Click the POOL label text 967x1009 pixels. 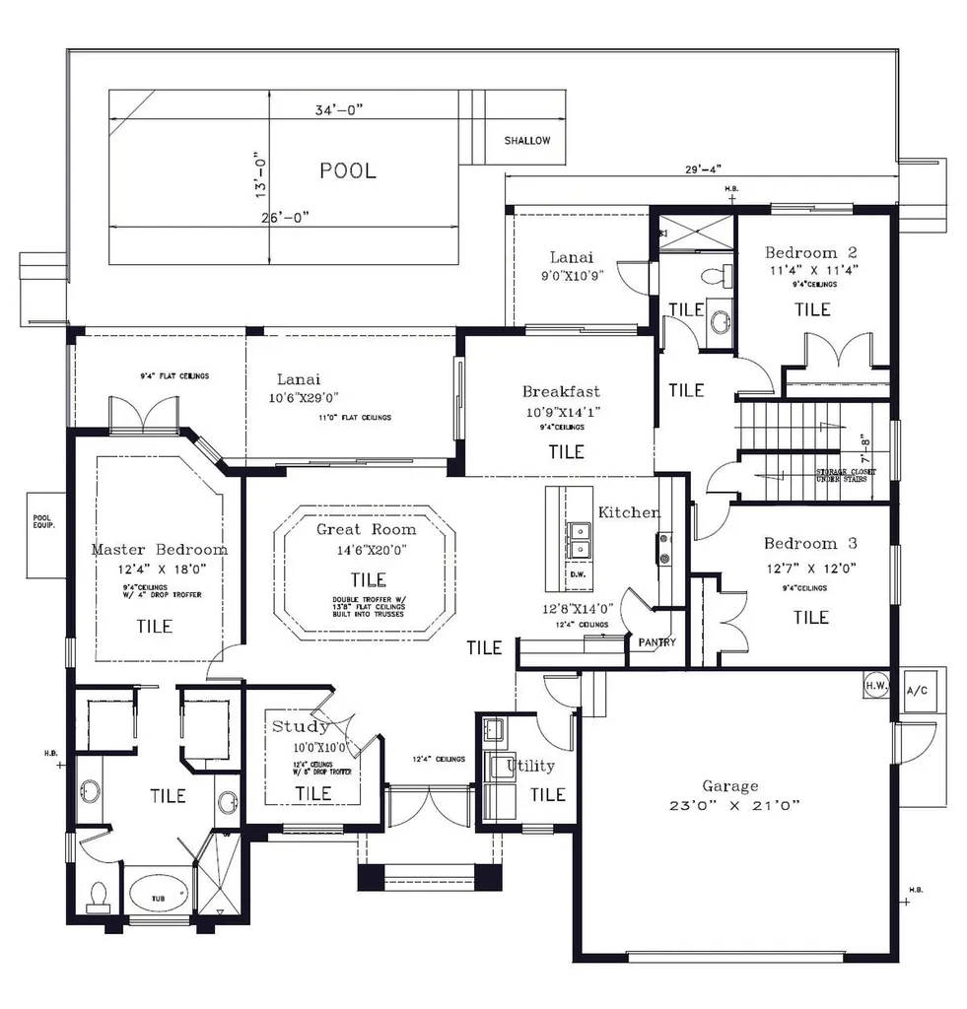tap(347, 170)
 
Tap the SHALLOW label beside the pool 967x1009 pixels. tap(527, 141)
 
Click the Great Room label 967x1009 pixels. tap(366, 529)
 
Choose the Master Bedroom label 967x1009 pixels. tap(159, 550)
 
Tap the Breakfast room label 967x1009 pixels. tap(561, 391)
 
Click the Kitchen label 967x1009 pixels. tap(629, 512)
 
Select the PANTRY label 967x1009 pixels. tap(656, 642)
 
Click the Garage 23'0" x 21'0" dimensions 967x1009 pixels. tap(730, 804)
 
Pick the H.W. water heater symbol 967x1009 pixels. tap(875, 684)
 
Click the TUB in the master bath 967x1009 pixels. tap(158, 898)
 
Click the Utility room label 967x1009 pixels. tap(530, 766)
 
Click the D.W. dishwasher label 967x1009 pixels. tap(578, 573)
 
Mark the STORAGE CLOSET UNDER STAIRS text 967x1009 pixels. tap(841, 476)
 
